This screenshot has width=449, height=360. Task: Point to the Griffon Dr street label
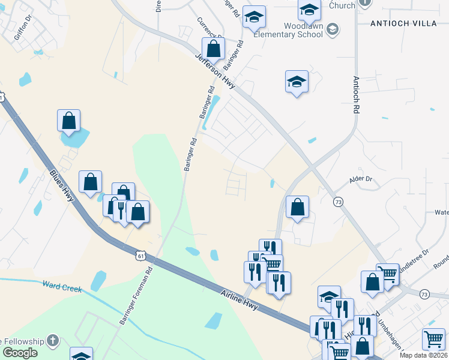point(22,28)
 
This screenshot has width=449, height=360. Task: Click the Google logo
point(19,352)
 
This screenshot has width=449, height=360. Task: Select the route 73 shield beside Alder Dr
point(339,203)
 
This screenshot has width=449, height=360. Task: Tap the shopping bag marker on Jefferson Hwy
point(213,49)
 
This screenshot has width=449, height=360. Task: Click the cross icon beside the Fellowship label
point(52,340)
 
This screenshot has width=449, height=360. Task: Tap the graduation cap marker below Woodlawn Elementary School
point(297,82)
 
